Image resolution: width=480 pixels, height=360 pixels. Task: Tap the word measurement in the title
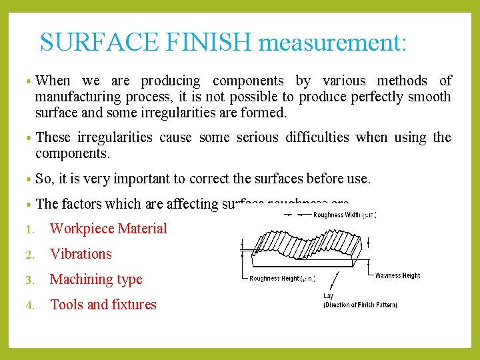pyautogui.click(x=331, y=43)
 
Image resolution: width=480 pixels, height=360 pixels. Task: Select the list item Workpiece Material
pyautogui.click(x=109, y=229)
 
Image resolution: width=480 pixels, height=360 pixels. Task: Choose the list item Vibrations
pyautogui.click(x=81, y=254)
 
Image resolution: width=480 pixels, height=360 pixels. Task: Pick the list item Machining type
pyautogui.click(x=96, y=279)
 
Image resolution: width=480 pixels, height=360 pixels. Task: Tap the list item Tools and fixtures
pyautogui.click(x=103, y=305)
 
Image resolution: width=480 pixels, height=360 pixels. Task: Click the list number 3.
pyautogui.click(x=29, y=280)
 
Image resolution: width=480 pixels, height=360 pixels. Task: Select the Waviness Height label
pyautogui.click(x=398, y=275)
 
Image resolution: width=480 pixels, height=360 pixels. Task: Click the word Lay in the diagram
pyautogui.click(x=328, y=295)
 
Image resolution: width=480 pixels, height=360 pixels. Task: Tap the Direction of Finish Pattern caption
pyautogui.click(x=360, y=305)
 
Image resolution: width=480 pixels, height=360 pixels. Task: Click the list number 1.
pyautogui.click(x=29, y=229)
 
